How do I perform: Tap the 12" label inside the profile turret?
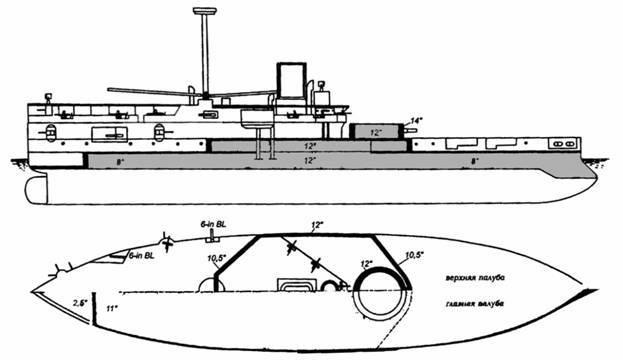[x=372, y=131]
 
